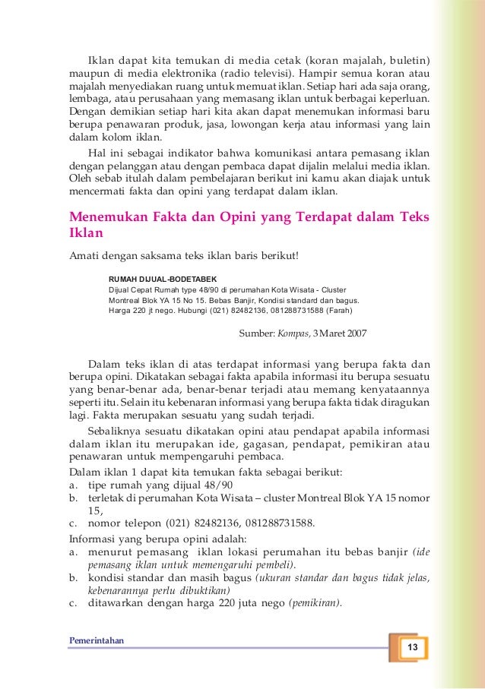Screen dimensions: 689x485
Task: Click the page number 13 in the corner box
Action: point(414,647)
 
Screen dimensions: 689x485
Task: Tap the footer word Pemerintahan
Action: point(97,639)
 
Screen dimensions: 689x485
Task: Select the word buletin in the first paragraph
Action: point(408,59)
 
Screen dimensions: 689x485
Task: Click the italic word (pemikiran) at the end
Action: point(315,604)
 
